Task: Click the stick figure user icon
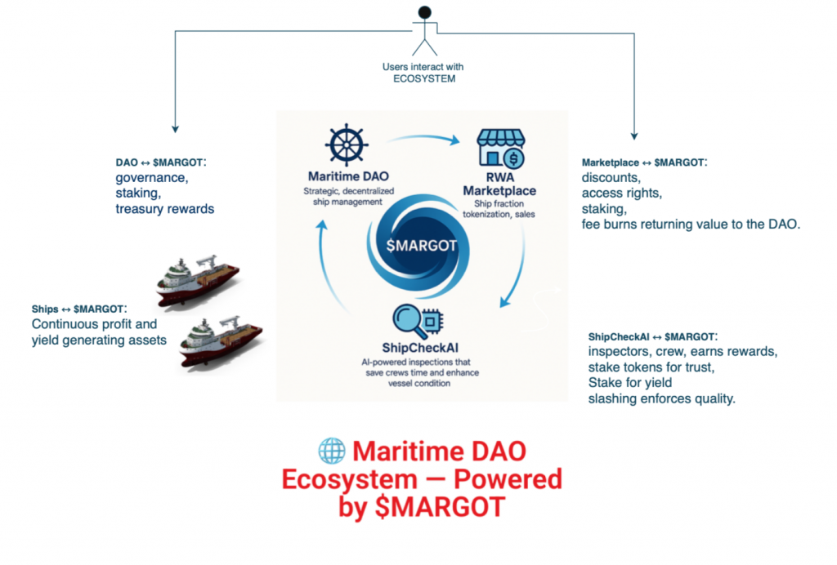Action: pyautogui.click(x=423, y=30)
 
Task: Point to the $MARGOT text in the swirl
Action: pyautogui.click(x=422, y=245)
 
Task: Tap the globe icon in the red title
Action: pyautogui.click(x=332, y=451)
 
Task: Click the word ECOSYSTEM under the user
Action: pyautogui.click(x=423, y=78)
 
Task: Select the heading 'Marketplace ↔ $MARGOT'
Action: pyautogui.click(x=643, y=162)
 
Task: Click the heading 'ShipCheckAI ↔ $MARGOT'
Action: pyautogui.click(x=652, y=337)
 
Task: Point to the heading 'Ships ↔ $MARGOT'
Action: pyautogui.click(x=77, y=309)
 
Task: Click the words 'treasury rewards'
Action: pyautogui.click(x=164, y=209)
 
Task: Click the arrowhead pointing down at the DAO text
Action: pyautogui.click(x=174, y=128)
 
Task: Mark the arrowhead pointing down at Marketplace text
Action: pyautogui.click(x=634, y=136)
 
